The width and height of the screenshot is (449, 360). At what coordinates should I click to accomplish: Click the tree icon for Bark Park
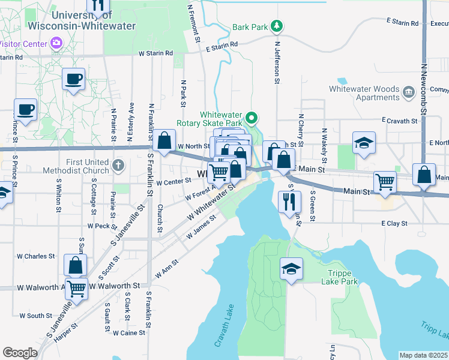pos(277,26)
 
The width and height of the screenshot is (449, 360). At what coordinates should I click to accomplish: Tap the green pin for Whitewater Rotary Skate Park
pos(252,118)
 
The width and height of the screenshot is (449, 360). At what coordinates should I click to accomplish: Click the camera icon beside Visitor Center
pos(56,43)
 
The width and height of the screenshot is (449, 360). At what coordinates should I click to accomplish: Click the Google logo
pos(20,353)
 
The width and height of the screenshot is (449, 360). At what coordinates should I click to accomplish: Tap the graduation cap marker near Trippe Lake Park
pos(291,268)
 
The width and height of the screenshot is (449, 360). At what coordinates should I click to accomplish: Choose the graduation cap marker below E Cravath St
pos(364,143)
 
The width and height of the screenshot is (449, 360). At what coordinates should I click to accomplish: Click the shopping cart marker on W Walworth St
pos(76,288)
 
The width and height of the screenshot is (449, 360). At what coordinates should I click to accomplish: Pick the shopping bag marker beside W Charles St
pos(75,264)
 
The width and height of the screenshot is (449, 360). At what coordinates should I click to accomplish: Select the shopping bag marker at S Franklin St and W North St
pos(164,140)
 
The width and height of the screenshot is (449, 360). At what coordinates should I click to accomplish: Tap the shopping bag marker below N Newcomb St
pos(424,174)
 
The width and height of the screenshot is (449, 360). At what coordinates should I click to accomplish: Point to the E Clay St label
pos(394,223)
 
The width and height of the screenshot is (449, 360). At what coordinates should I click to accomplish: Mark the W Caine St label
pos(130,332)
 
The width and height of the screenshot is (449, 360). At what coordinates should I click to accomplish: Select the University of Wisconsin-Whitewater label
pos(94,20)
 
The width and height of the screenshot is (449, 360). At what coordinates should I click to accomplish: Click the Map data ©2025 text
pos(424,355)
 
